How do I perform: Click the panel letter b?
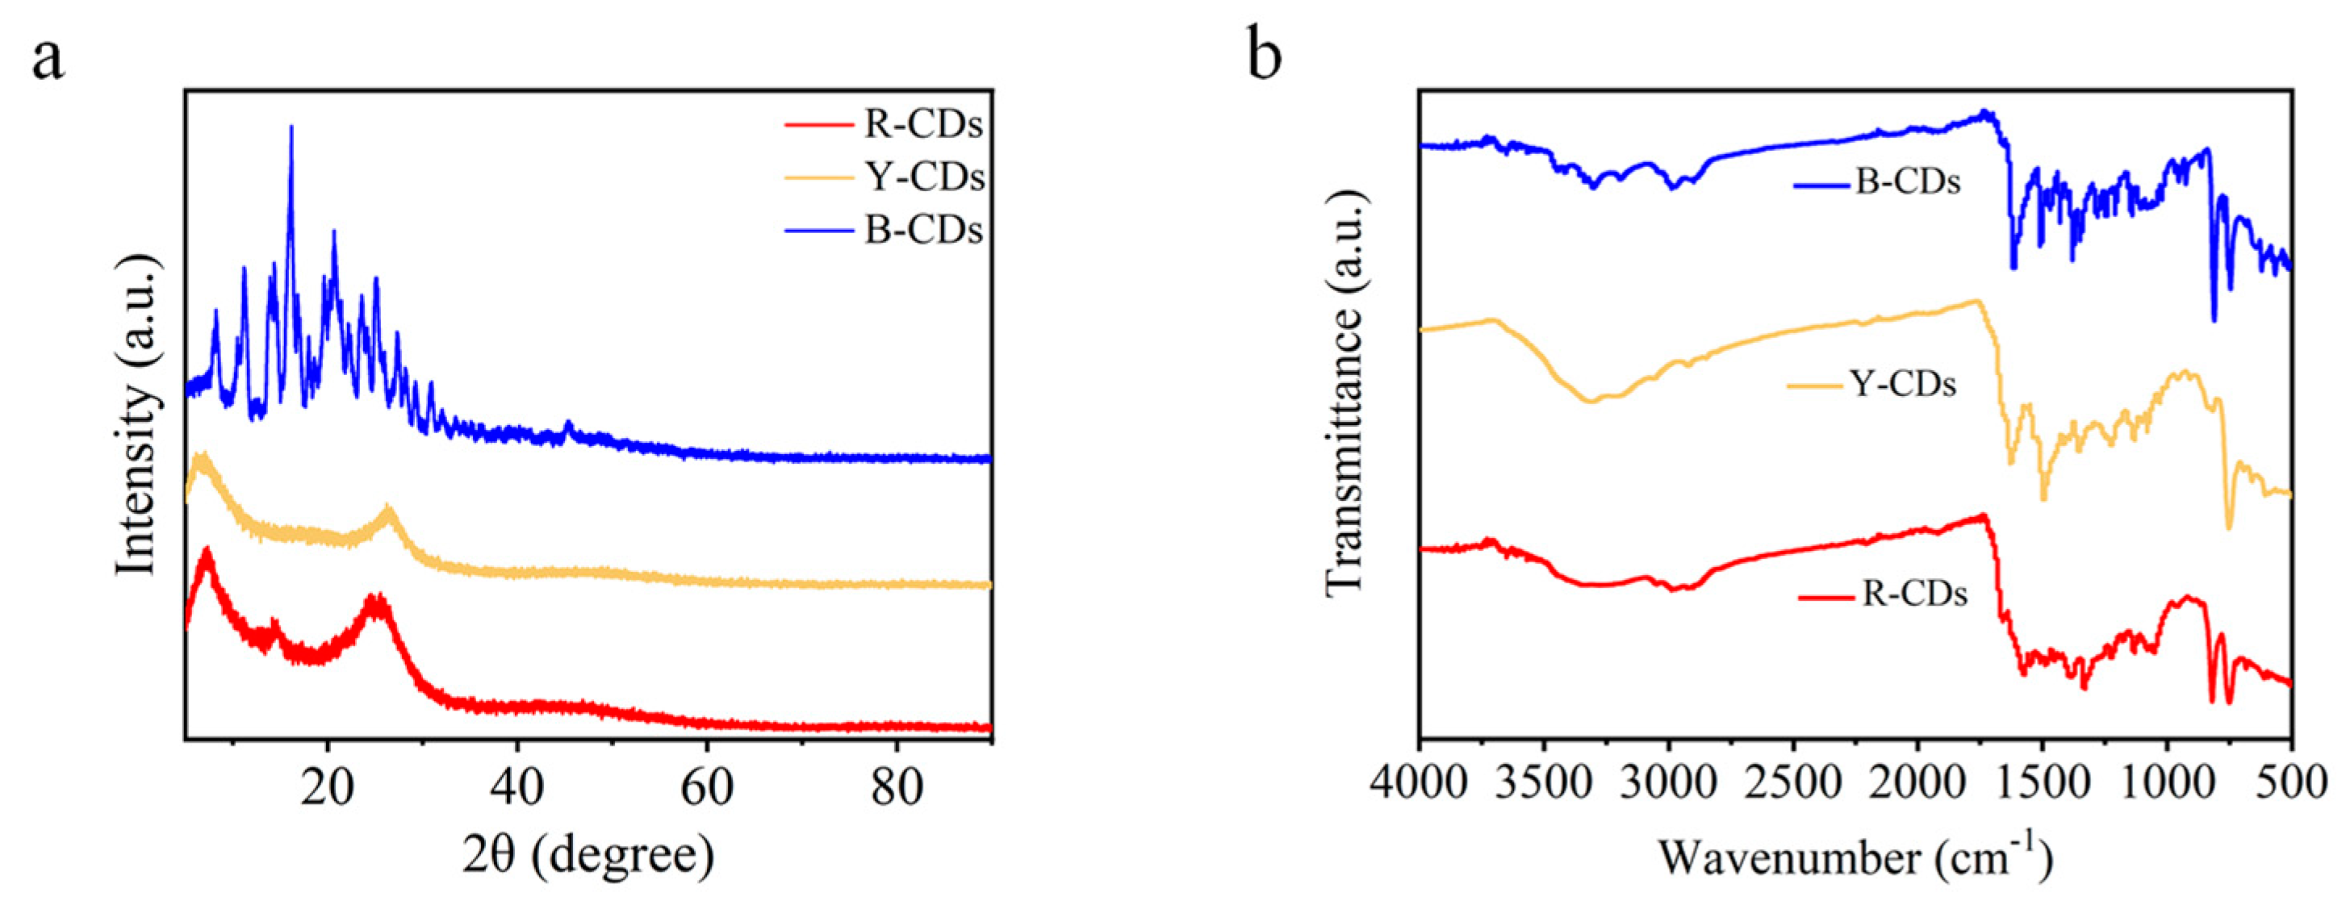pos(1264,56)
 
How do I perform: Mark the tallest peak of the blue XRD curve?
pos(291,127)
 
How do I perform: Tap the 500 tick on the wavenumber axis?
pos(2291,782)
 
